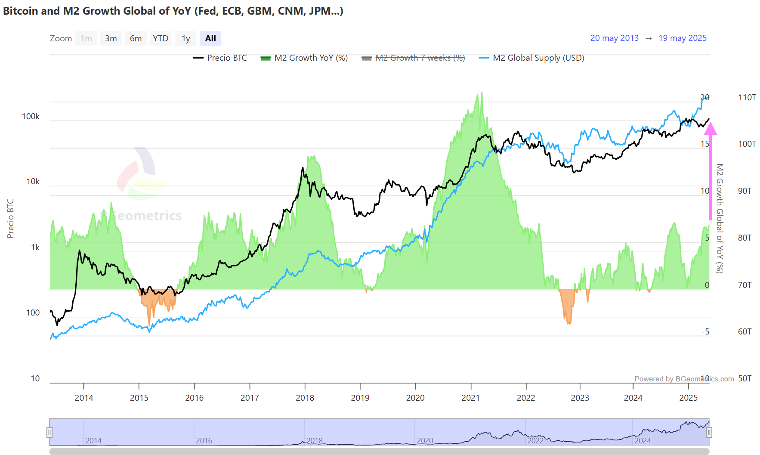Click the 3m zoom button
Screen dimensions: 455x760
click(111, 38)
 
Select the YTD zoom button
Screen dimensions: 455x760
click(161, 38)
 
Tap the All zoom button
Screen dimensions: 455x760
click(210, 38)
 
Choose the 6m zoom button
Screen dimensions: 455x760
click(136, 38)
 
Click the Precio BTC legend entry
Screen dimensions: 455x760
click(220, 58)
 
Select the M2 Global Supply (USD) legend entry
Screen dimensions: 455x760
click(532, 58)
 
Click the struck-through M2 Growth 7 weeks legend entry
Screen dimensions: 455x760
click(414, 58)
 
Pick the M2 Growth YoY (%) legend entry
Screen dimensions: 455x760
click(304, 58)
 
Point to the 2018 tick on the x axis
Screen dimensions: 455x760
click(305, 398)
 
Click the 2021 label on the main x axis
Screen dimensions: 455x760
click(470, 398)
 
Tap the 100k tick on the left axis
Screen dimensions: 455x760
click(31, 117)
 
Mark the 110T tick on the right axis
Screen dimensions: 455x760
click(747, 98)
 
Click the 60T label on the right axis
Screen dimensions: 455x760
click(745, 332)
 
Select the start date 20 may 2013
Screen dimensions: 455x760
click(614, 38)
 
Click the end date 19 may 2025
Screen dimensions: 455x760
click(683, 38)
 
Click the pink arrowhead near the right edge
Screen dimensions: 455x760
click(711, 129)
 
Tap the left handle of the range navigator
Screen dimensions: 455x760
click(49, 432)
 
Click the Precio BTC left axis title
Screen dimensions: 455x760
click(11, 218)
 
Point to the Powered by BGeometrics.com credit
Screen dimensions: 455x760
click(684, 379)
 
